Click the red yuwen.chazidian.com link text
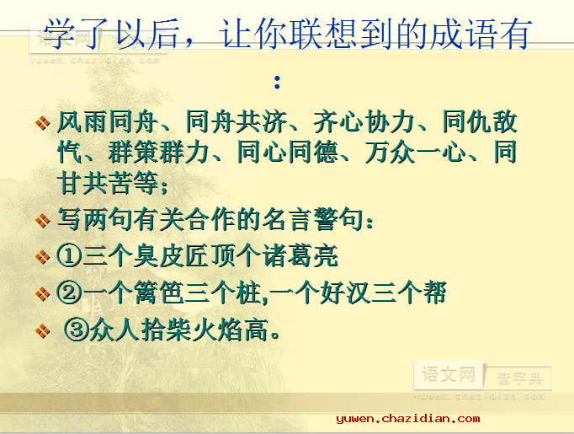coord(408,419)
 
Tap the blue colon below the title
coord(277,83)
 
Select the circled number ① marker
coord(69,256)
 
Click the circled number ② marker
coord(69,293)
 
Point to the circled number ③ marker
coord(77,330)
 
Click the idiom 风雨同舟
coord(108,121)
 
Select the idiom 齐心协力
coord(364,121)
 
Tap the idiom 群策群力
coord(159,153)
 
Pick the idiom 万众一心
coord(415,153)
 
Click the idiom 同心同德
coord(287,153)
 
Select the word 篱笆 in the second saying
coord(158,293)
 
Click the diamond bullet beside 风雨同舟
coord(42,122)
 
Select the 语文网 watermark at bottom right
coord(449,375)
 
